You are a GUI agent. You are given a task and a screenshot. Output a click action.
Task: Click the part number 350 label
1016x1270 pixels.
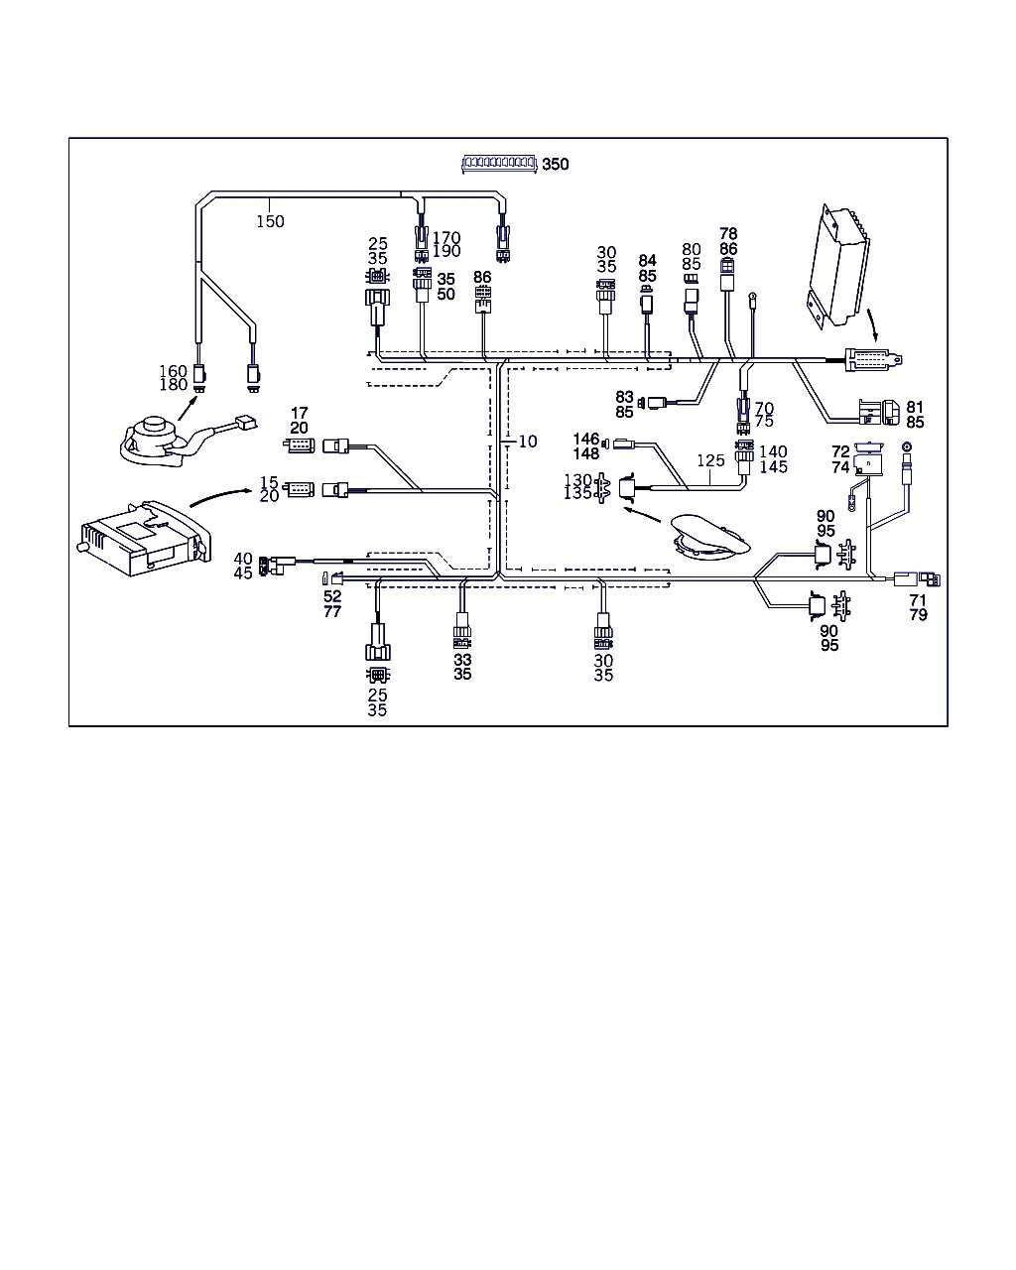[556, 164]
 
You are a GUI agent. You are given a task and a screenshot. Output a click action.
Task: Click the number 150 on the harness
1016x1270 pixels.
[270, 221]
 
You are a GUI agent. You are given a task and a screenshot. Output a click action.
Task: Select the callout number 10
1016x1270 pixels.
[528, 441]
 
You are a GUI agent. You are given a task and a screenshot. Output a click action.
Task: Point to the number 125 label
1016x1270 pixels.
[710, 461]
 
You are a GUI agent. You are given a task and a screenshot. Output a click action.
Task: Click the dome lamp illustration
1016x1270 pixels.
[711, 537]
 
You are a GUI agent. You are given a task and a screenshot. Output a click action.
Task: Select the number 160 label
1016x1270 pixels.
[173, 372]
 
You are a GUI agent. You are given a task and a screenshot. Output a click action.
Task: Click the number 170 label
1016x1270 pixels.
[446, 238]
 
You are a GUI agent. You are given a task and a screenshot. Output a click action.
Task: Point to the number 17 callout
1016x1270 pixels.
[299, 414]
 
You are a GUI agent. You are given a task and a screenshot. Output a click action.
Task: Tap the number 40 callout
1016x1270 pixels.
[243, 560]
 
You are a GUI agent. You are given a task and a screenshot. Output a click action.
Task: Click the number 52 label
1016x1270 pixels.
[332, 597]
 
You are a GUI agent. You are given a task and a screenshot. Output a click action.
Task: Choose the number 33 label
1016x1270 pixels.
[462, 660]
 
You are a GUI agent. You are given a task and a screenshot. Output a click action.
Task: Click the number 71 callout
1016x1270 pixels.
[918, 600]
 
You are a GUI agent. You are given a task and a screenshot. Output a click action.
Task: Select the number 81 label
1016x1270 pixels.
[915, 408]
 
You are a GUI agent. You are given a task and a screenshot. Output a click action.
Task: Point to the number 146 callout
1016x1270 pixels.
[586, 440]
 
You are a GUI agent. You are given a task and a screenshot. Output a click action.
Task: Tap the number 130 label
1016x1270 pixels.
[577, 481]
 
